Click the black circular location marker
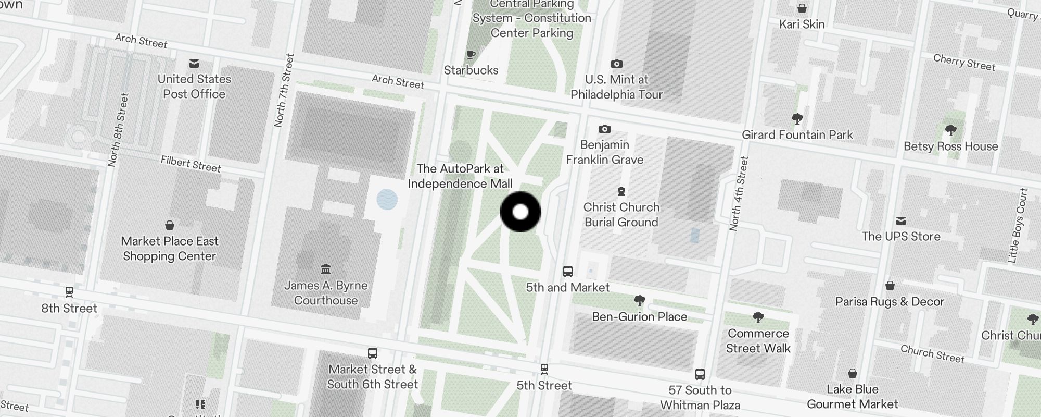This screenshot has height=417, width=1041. [x=520, y=212]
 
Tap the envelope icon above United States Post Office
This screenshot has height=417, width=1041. [x=194, y=64]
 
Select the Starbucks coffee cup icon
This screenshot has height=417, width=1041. [x=471, y=55]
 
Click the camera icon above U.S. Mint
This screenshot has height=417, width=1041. [x=616, y=64]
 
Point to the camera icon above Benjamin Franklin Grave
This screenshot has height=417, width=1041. [x=604, y=129]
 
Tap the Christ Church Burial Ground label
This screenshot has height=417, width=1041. [x=621, y=215]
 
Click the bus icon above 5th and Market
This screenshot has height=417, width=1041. [x=567, y=272]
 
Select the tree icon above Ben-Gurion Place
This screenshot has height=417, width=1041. [x=639, y=301]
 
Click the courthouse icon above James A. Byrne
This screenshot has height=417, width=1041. [x=326, y=269]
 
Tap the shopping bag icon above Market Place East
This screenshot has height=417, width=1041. [x=169, y=225]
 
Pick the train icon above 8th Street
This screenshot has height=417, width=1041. [x=69, y=292]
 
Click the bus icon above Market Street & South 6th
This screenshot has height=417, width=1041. [x=372, y=353]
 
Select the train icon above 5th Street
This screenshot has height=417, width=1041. [x=544, y=370]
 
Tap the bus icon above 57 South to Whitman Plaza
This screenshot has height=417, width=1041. [x=700, y=374]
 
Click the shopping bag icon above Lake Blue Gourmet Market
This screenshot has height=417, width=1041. [x=852, y=373]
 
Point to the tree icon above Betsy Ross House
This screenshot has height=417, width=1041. [x=950, y=130]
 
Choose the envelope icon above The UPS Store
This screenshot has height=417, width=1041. [x=901, y=220]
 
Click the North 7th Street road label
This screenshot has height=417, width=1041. [x=284, y=91]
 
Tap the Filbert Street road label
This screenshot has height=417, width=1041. [x=191, y=164]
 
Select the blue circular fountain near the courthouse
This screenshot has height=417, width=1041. [x=387, y=200]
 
